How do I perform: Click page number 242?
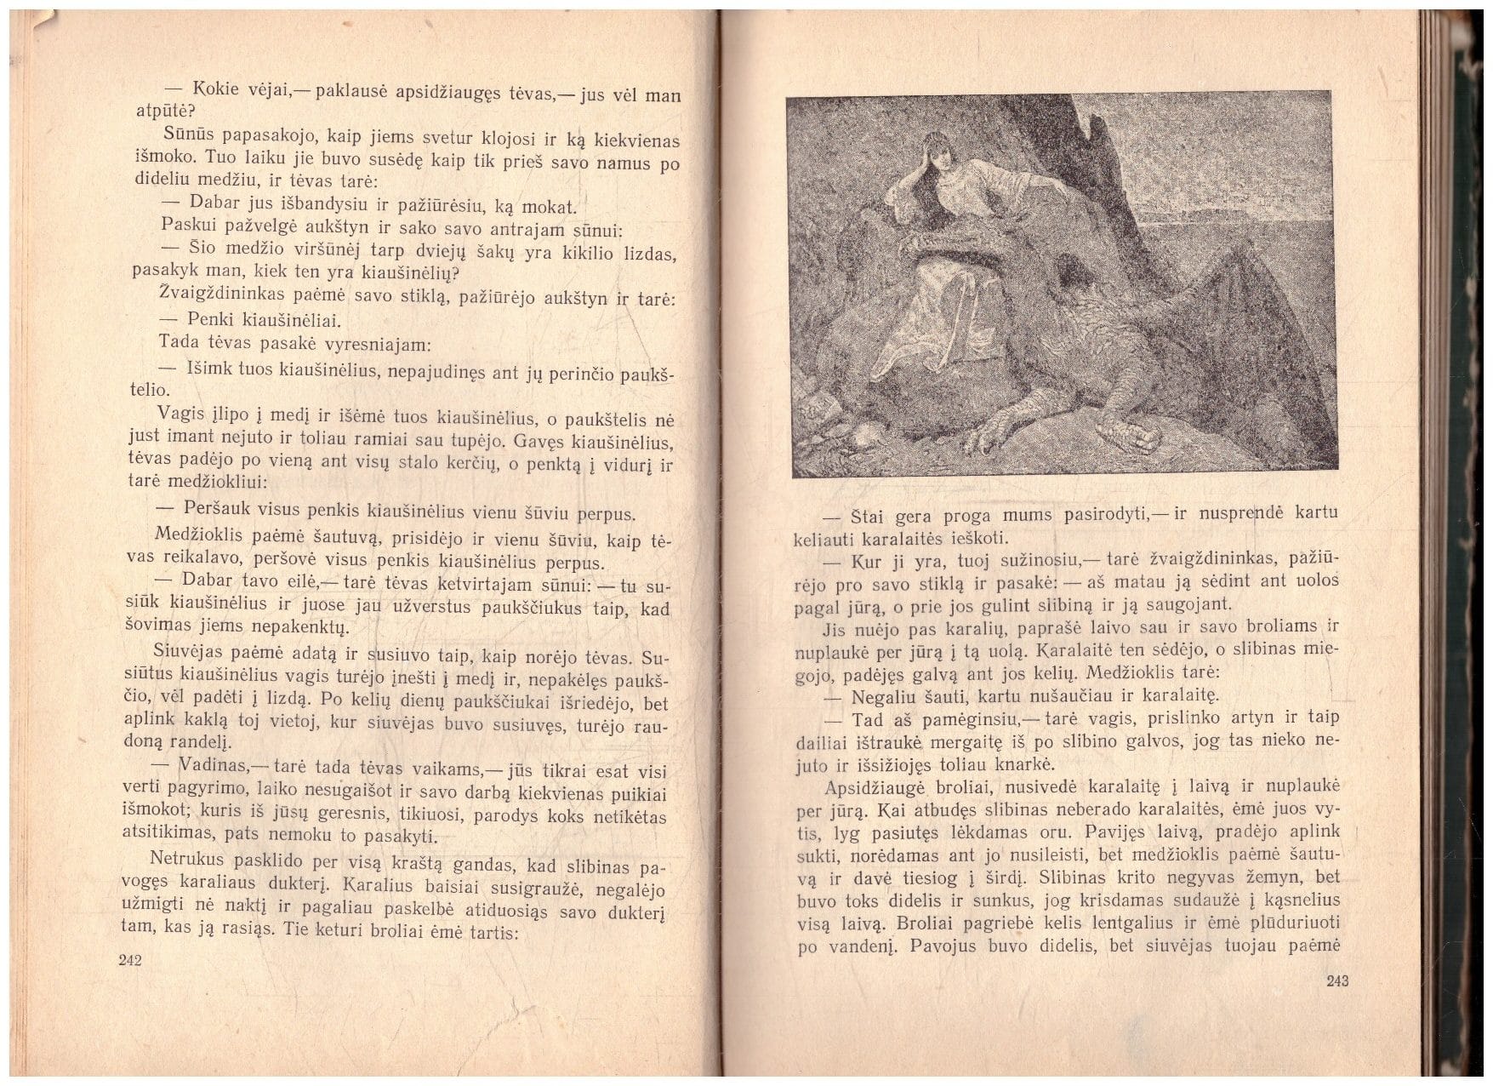click(x=130, y=960)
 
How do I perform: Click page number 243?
click(x=1337, y=980)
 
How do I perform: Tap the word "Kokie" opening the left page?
click(x=216, y=89)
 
